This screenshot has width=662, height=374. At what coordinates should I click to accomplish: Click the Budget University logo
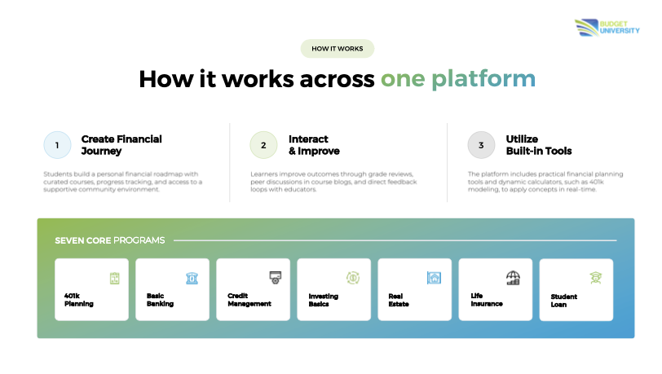coord(607,28)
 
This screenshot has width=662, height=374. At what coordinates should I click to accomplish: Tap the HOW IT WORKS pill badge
coord(338,49)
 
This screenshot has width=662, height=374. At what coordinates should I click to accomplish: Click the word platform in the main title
coord(483,79)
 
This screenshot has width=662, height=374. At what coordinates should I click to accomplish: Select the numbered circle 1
coord(57,145)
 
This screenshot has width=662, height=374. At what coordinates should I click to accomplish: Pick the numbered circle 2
coord(263,145)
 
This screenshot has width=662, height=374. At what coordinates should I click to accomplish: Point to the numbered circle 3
coord(481,145)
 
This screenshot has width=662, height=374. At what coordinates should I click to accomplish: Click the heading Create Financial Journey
coord(121,145)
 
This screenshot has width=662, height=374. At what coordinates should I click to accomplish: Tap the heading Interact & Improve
coord(314,145)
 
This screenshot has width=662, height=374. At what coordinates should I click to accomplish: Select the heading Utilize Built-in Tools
coord(539,145)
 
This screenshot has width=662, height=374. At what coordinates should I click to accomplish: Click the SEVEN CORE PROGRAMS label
coord(110,240)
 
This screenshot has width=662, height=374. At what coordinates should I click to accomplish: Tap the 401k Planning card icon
coord(114,278)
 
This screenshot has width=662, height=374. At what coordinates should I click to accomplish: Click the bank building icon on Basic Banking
coord(192,278)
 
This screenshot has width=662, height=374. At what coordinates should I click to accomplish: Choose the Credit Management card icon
coord(276,277)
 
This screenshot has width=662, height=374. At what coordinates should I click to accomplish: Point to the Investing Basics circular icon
coord(353,278)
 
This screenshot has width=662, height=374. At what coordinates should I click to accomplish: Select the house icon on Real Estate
coord(434,278)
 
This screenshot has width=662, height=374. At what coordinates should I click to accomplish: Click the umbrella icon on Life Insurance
coord(513,278)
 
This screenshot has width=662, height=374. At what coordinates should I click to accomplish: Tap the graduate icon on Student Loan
coord(596,278)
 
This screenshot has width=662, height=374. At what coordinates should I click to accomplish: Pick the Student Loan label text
coord(563,301)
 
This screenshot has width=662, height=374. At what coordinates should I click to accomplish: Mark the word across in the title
coord(337,79)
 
